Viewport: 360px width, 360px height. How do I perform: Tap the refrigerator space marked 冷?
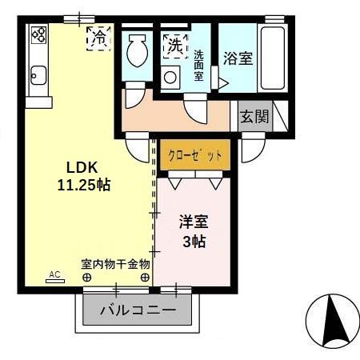click(100, 37)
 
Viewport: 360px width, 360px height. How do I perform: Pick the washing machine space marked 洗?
click(174, 46)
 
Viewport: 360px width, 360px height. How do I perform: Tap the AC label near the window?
click(54, 274)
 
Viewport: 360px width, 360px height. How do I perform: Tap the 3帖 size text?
click(194, 241)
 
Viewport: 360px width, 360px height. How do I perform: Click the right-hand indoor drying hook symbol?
click(145, 278)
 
